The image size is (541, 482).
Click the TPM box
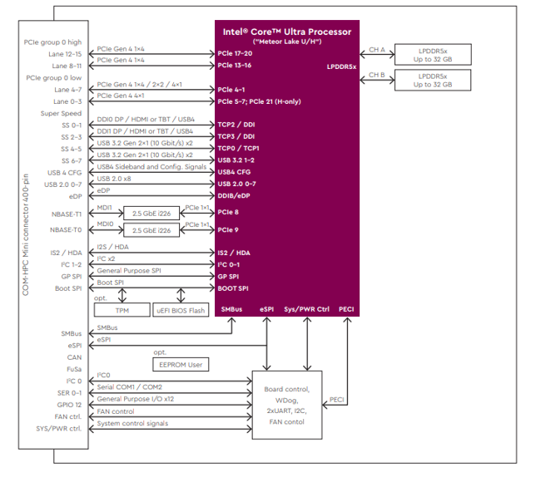122,310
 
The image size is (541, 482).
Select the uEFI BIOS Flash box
181,310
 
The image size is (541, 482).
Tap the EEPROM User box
181,365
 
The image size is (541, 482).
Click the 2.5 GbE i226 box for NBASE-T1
151,214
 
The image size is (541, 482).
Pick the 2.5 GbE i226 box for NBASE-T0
151,230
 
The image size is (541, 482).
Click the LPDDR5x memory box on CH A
433,55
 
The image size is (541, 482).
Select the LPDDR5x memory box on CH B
433,80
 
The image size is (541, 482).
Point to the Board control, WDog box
287,405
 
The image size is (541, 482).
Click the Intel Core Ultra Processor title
287,32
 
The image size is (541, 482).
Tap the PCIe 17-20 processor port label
235,53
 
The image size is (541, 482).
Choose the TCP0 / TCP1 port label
238,148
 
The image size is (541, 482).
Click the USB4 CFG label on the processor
234,172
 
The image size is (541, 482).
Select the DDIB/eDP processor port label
234,195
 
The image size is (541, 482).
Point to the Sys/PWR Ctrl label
307,309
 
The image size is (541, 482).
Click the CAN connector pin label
75,357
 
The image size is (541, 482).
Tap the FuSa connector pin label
74,369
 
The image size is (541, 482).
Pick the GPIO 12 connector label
69,405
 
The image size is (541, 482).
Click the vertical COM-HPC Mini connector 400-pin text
26,234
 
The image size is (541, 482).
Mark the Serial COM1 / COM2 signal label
129,387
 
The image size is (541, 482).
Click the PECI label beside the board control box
337,400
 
